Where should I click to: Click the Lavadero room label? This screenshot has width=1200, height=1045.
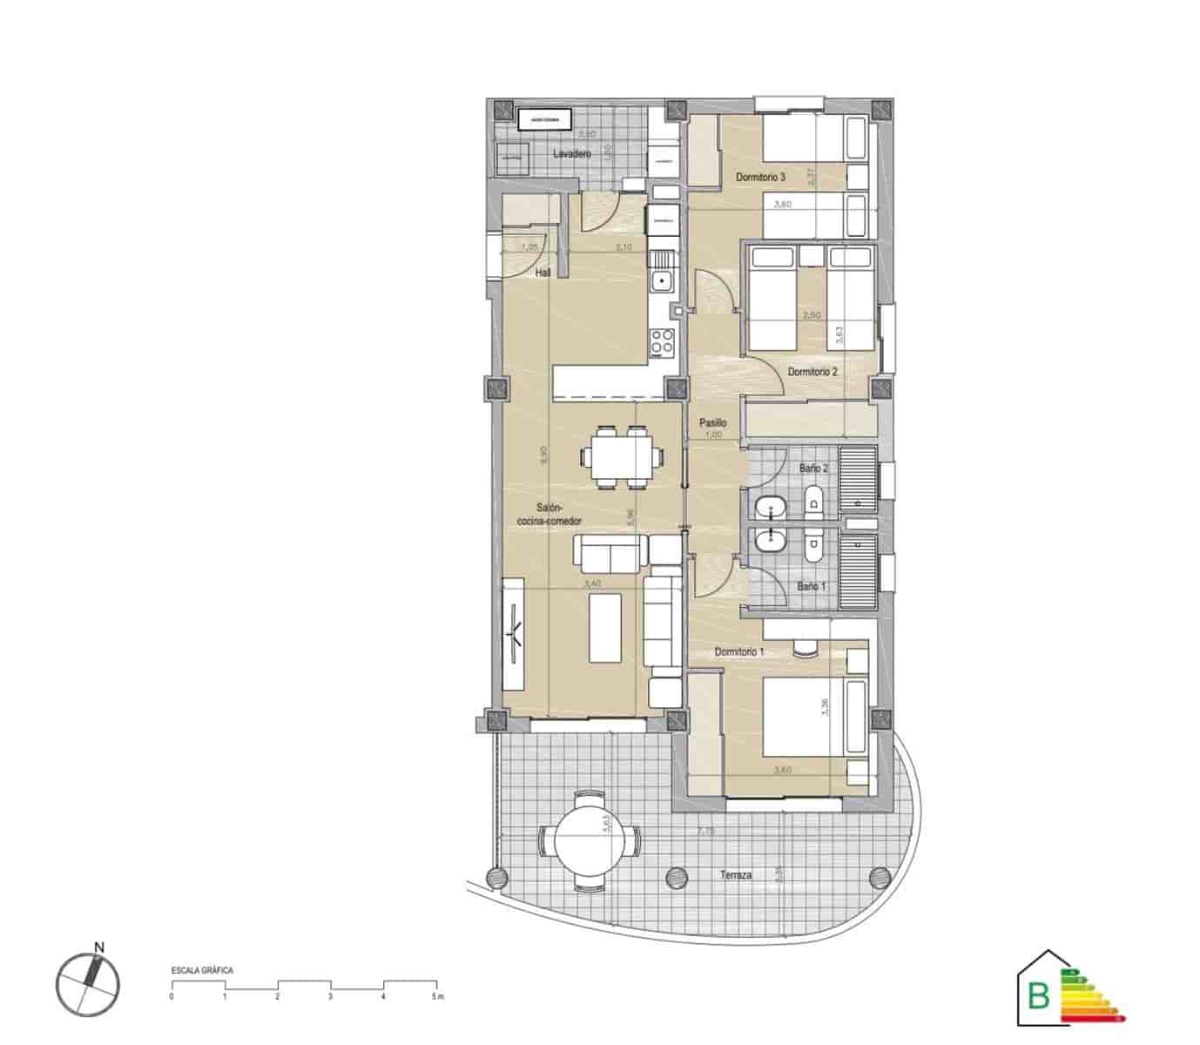pyautogui.click(x=572, y=153)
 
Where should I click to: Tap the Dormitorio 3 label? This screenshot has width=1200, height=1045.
pyautogui.click(x=760, y=177)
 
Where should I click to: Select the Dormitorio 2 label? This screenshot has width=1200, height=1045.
pyautogui.click(x=812, y=371)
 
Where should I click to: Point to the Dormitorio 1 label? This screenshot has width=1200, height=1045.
pyautogui.click(x=739, y=651)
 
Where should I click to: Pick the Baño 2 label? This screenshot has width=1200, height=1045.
pyautogui.click(x=814, y=469)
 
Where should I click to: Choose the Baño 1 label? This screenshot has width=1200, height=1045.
pyautogui.click(x=811, y=586)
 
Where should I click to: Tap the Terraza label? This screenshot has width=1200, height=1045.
pyautogui.click(x=736, y=874)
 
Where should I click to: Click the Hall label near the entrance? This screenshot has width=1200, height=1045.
pyautogui.click(x=543, y=273)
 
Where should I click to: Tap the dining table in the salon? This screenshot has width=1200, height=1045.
pyautogui.click(x=621, y=457)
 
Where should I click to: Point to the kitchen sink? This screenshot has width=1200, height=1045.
pyautogui.click(x=663, y=280)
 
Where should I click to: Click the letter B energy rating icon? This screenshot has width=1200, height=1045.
pyautogui.click(x=1040, y=995)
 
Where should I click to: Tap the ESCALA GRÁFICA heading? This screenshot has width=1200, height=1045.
pyautogui.click(x=202, y=969)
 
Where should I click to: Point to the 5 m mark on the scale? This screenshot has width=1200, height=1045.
pyautogui.click(x=436, y=995)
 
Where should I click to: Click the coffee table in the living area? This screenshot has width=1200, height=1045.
pyautogui.click(x=605, y=627)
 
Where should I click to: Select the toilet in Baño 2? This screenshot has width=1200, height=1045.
pyautogui.click(x=815, y=501)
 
